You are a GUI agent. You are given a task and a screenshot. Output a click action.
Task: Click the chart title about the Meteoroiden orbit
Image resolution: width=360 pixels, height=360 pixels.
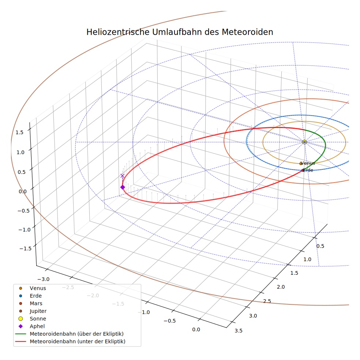tap(180, 32)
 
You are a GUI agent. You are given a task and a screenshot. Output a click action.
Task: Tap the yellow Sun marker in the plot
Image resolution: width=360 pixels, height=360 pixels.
tap(304, 142)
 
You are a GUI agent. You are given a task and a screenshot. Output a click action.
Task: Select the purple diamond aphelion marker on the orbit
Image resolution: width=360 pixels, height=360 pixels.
tap(123, 187)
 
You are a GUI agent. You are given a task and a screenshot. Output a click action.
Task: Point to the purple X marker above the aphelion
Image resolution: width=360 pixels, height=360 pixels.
tap(122, 176)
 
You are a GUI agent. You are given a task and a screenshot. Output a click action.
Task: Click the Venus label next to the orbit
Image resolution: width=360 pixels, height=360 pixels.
tap(308, 163)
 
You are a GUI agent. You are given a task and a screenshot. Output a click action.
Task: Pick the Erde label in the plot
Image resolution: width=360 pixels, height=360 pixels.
tap(308, 170)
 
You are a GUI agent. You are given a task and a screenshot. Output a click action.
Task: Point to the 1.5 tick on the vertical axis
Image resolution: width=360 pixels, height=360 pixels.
tap(19, 132)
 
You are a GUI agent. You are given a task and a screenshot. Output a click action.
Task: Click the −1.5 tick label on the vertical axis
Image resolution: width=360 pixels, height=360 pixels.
tap(26, 249)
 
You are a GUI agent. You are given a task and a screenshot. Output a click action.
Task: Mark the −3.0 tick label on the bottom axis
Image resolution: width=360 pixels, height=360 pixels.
tap(44, 279)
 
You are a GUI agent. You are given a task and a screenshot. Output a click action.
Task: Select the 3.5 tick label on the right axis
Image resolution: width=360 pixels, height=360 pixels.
tap(239, 331)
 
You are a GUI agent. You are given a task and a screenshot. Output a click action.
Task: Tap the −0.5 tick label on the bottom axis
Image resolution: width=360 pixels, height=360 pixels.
tap(170, 321)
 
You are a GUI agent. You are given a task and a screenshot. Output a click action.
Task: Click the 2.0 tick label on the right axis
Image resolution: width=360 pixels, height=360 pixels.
tap(281, 287)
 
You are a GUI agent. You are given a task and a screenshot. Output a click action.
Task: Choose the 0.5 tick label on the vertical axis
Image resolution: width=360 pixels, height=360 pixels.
tap(22, 172)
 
